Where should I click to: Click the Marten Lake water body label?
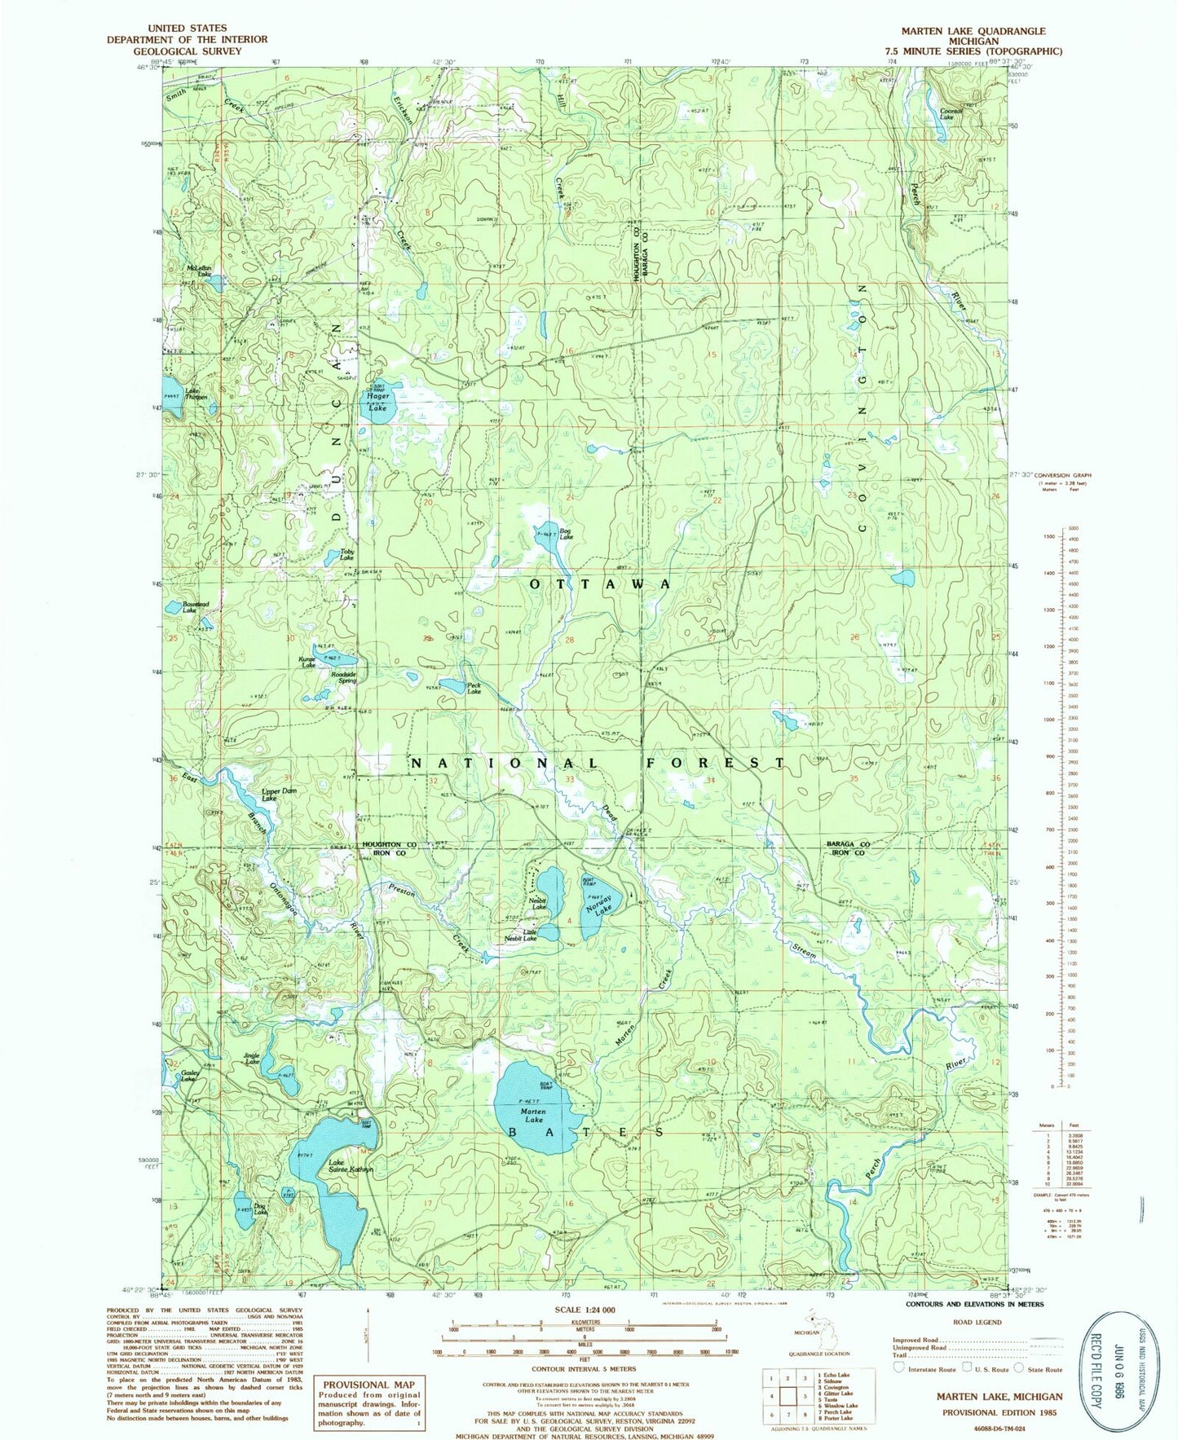(x=533, y=1116)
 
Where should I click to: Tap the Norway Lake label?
(x=603, y=909)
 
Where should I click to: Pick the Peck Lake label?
(x=474, y=689)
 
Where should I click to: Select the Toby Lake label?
(x=346, y=555)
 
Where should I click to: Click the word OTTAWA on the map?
(x=600, y=584)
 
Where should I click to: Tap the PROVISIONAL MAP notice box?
(x=369, y=1403)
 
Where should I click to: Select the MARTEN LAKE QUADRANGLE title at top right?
(x=973, y=31)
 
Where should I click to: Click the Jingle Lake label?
(x=251, y=1059)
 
